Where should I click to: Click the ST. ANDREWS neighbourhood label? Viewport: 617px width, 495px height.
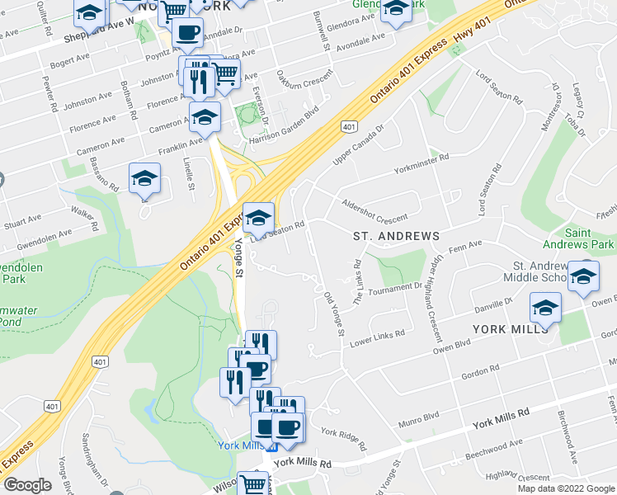point(396,237)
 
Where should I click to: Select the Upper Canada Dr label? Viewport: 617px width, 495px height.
point(359,144)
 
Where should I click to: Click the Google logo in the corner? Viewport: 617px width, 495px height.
point(28,485)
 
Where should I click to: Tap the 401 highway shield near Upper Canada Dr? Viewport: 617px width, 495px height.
point(349,126)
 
